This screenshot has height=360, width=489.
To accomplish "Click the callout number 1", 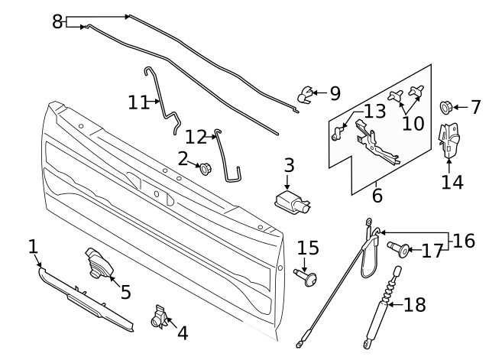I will click(x=33, y=246).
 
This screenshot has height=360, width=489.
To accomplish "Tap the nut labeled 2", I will click(x=204, y=167).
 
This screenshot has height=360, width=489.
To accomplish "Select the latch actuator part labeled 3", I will click(x=290, y=203).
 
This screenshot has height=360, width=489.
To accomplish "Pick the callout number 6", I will click(x=377, y=196).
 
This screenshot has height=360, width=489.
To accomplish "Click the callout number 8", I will click(x=57, y=21).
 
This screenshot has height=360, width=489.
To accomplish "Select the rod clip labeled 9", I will click(x=306, y=95).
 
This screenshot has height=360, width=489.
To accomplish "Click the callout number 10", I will click(x=413, y=123).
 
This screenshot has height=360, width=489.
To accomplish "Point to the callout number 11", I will click(x=138, y=102).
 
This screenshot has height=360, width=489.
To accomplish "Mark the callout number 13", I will click(x=374, y=112).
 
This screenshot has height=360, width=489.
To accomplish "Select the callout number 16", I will click(x=463, y=242).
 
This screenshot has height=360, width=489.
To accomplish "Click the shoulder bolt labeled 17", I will click(x=399, y=248).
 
